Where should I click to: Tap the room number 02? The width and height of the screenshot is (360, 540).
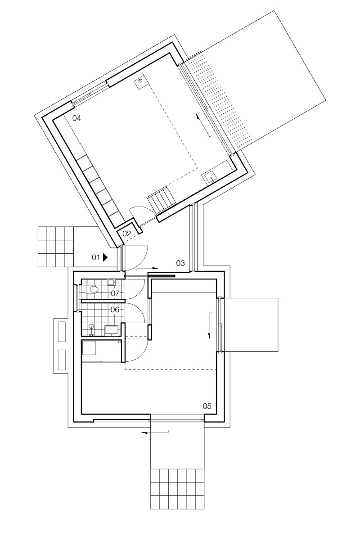tap(126, 234)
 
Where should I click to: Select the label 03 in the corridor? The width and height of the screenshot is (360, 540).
tap(180, 263)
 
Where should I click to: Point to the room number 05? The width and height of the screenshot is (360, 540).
tap(207, 406)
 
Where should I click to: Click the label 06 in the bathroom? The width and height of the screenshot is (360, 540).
tap(115, 310)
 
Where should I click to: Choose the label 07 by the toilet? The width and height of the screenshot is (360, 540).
tap(115, 293)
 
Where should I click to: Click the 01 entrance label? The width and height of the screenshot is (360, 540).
tap(95, 257)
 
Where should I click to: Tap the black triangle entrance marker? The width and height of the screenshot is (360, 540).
tap(105, 257)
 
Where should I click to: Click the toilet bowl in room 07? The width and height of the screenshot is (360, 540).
tap(93, 290)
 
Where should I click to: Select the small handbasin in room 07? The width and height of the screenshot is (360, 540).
tap(111, 282)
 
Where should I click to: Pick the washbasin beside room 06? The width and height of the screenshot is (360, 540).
tap(111, 331)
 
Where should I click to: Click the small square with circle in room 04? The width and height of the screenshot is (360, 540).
tap(140, 81)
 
